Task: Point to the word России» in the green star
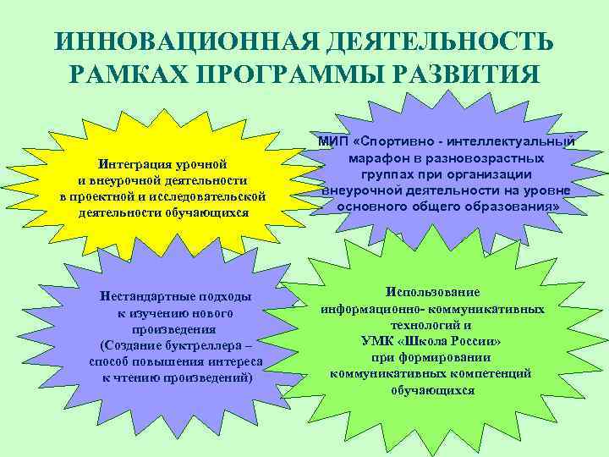click(475, 340)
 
